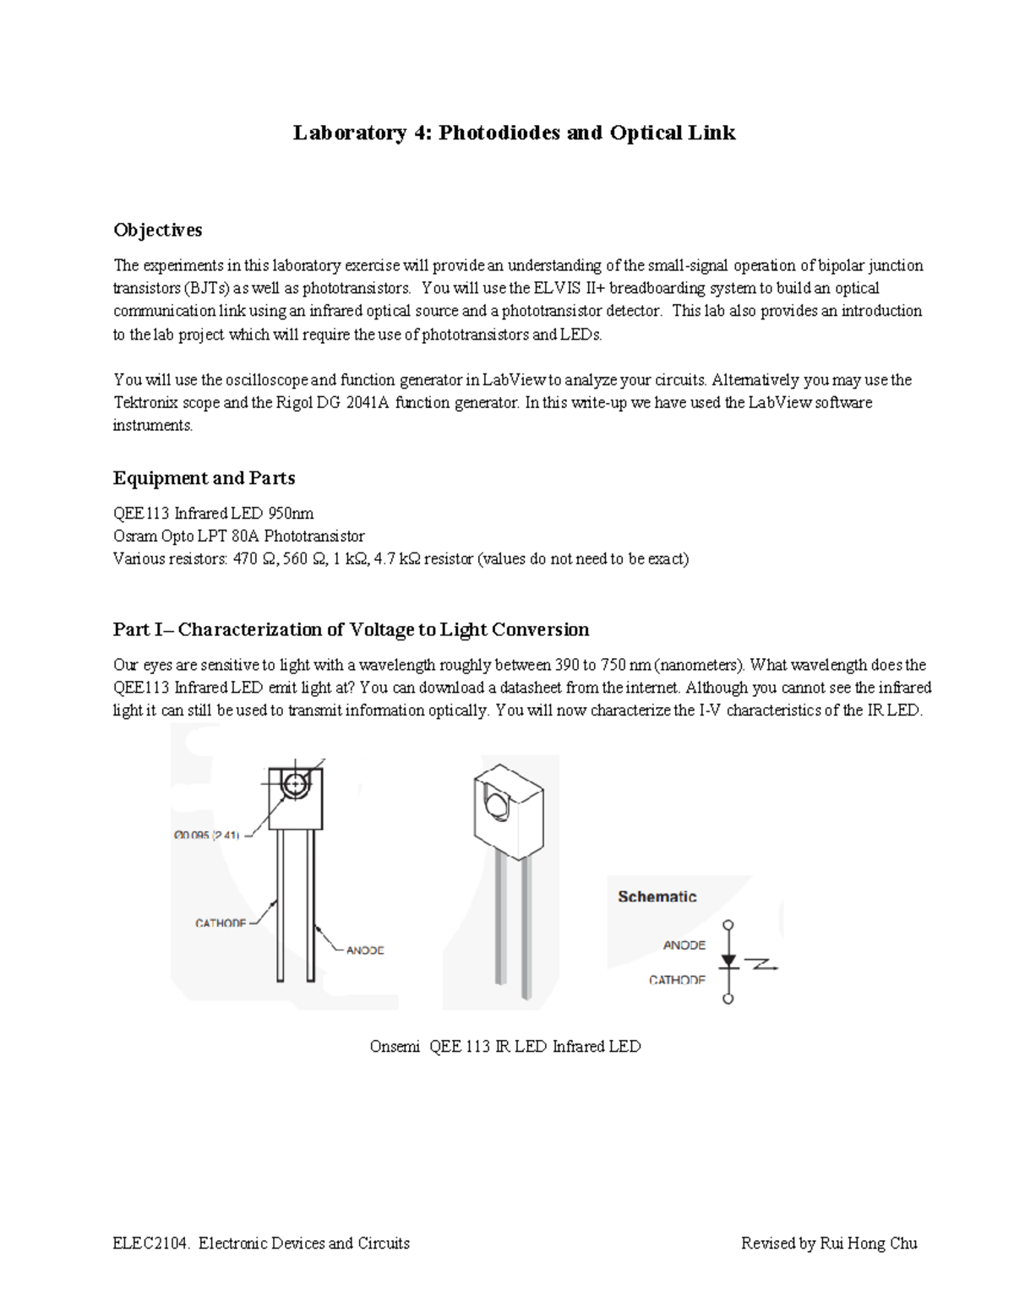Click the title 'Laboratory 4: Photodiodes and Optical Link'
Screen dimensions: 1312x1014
pos(514,133)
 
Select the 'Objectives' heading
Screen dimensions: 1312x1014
pos(157,230)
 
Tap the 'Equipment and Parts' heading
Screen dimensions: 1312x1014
pos(204,478)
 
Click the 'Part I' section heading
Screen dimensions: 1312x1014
pos(351,629)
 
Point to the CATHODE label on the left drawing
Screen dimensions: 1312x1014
pos(221,923)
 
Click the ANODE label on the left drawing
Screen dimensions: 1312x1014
pos(365,950)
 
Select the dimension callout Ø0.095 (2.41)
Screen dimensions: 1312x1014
pos(207,835)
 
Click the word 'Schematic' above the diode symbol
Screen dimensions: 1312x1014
pos(657,896)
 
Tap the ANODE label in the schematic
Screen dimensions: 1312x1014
pos(684,945)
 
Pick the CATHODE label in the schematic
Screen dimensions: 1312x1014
pos(677,980)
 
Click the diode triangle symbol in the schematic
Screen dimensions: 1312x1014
pos(728,961)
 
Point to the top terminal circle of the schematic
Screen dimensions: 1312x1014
pos(728,926)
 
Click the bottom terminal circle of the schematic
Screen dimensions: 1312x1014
pos(728,999)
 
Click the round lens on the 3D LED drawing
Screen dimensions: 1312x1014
pos(496,802)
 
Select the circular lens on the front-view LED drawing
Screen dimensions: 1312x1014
pos(295,785)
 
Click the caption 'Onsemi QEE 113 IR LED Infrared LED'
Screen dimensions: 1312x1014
pos(505,1047)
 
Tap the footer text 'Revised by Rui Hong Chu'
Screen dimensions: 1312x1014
pos(828,1243)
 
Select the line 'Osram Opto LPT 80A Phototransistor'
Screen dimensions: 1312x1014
pos(239,536)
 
